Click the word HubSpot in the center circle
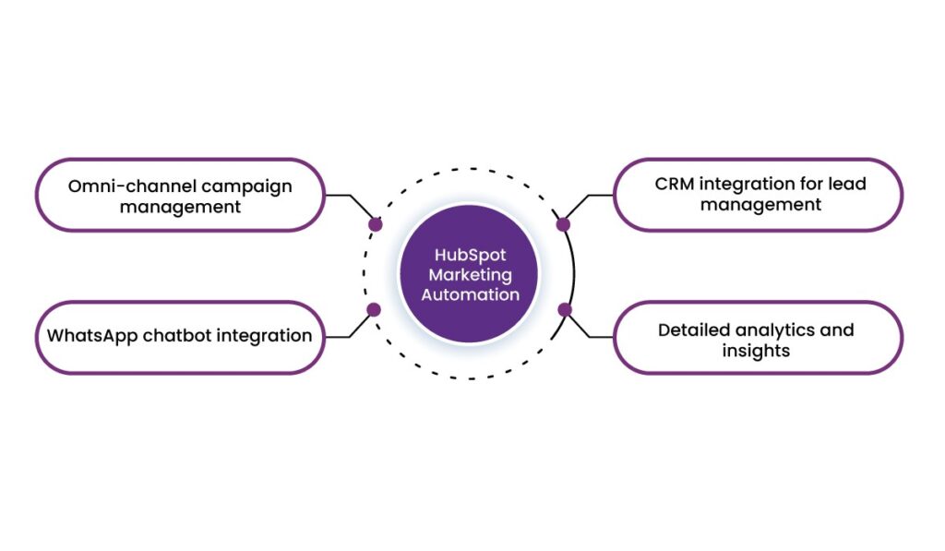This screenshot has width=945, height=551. [x=470, y=255]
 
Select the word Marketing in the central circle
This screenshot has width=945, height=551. [x=470, y=274]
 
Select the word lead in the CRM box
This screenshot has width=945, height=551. [x=847, y=184]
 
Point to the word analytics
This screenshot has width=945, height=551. [x=780, y=329]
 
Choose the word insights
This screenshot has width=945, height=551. [x=756, y=351]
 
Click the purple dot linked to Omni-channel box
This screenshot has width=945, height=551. [x=375, y=224]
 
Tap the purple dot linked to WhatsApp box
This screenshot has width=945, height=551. [x=374, y=309]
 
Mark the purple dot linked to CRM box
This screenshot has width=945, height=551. [x=564, y=224]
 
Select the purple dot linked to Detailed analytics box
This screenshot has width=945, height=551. [x=565, y=309]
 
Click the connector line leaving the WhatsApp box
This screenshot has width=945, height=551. [x=338, y=337]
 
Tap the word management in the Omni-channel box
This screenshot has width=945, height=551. [x=180, y=207]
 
